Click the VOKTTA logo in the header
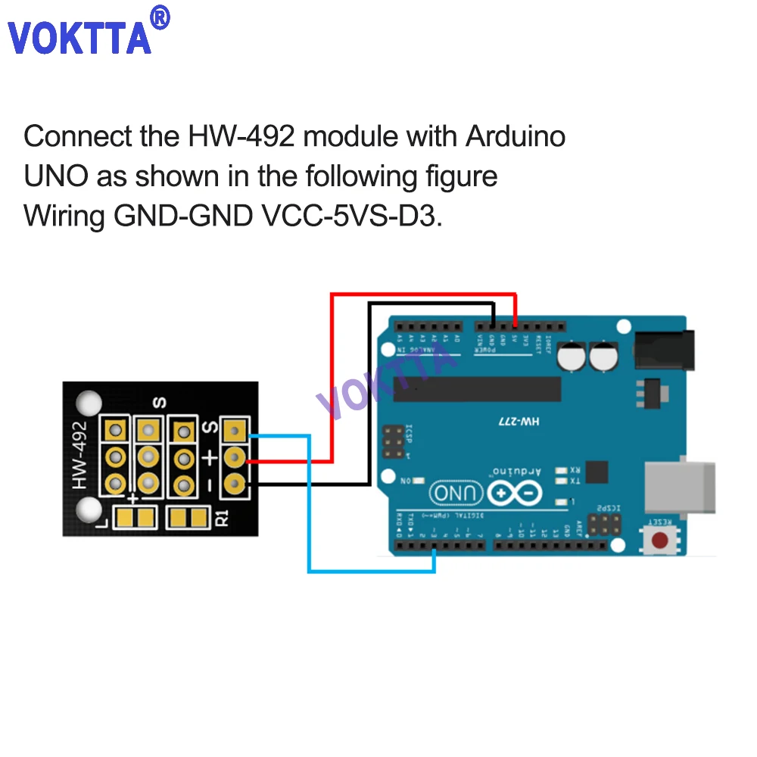(79, 37)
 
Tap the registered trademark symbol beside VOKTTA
(160, 17)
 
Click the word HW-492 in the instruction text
(241, 137)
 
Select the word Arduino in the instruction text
(515, 137)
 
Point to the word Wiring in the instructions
(64, 216)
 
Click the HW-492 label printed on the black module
(79, 454)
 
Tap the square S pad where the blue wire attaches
(235, 432)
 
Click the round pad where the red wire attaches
(235, 456)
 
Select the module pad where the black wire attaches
(235, 481)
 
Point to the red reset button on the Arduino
(661, 540)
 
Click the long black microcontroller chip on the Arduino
(477, 389)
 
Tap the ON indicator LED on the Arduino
(419, 481)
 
